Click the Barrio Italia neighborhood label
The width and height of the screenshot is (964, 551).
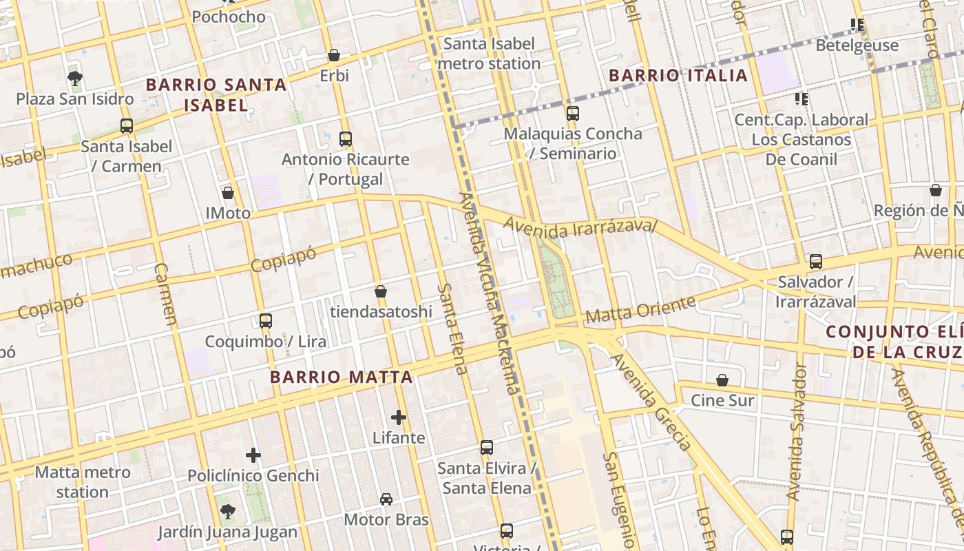(x=678, y=75)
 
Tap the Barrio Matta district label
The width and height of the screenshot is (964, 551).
(x=342, y=377)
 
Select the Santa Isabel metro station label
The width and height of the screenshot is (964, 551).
(x=489, y=54)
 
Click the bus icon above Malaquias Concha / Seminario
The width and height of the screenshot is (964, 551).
(x=572, y=114)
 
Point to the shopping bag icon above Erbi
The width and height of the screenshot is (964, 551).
(x=334, y=55)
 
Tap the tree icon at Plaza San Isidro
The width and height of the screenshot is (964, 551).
(x=75, y=79)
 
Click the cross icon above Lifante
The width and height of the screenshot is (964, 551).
(x=399, y=417)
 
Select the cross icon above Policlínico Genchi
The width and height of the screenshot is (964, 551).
(x=253, y=455)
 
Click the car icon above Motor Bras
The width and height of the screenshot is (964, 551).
(x=386, y=499)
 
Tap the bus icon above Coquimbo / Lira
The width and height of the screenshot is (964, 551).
(x=266, y=321)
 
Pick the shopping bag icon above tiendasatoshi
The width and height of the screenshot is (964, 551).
(x=381, y=292)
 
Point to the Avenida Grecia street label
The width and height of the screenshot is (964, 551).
(x=651, y=403)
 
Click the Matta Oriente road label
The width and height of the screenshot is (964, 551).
(x=640, y=310)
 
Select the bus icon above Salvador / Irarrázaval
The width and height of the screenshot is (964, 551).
(x=816, y=262)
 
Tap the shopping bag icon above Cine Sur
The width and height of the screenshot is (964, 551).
(x=722, y=380)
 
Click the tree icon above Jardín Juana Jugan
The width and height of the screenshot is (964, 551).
(x=227, y=512)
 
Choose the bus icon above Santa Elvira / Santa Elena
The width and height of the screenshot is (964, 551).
(x=487, y=448)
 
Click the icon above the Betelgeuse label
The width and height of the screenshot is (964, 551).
(x=857, y=25)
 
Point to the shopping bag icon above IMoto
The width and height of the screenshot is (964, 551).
(x=228, y=193)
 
